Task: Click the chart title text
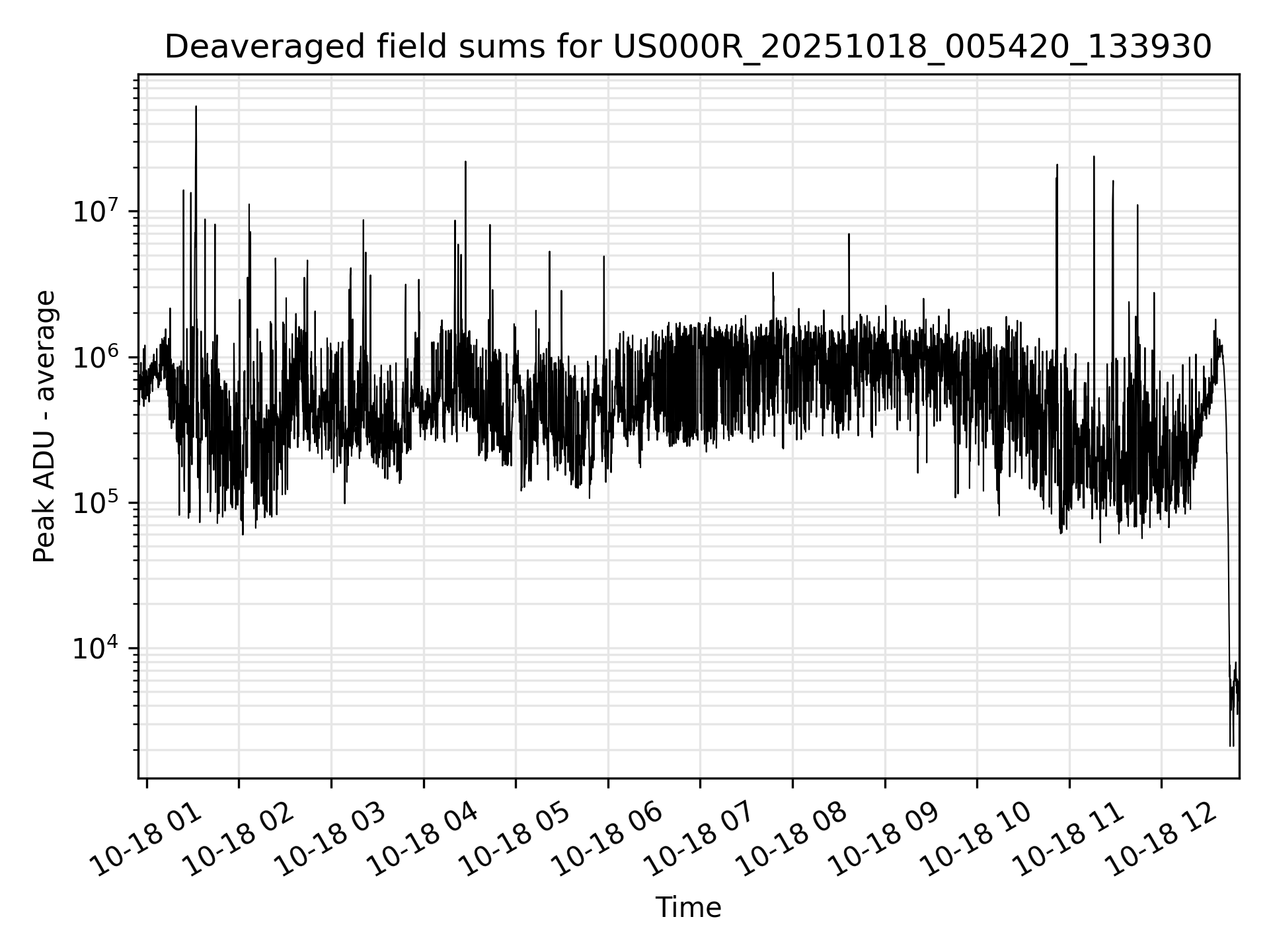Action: click(687, 48)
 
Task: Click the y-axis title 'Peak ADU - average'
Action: click(44, 426)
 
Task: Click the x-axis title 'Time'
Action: click(687, 907)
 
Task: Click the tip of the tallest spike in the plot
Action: click(196, 106)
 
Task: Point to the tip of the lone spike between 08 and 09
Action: click(849, 234)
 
